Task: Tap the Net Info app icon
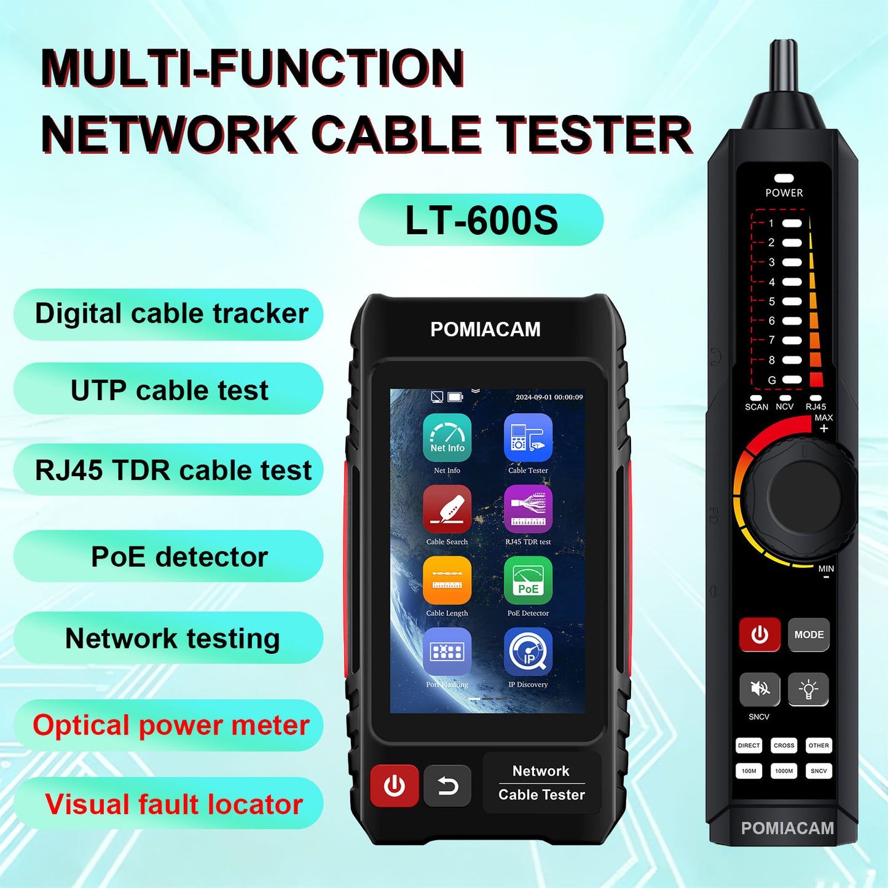pos(447,438)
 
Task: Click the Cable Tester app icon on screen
pos(528,438)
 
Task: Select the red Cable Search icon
pos(447,509)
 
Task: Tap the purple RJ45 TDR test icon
pos(528,509)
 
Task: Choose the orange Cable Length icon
pos(447,580)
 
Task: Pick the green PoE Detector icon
pos(528,580)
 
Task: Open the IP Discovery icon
pos(528,651)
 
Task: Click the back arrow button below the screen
pos(447,786)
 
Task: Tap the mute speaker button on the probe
pos(760,689)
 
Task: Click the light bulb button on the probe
pos(808,689)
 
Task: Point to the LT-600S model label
pos(481,220)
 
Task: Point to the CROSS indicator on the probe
pos(784,745)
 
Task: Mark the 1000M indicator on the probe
pos(784,771)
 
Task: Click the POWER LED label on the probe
pos(784,192)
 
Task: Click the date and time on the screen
pos(549,397)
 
